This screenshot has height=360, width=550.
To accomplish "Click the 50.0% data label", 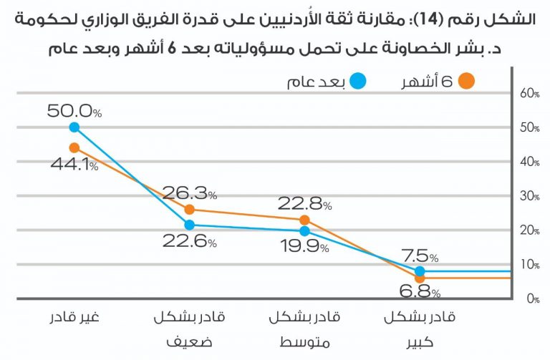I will [x=74, y=111].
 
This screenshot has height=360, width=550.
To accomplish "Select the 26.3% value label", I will [x=189, y=193].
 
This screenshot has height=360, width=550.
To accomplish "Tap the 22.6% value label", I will [x=189, y=241].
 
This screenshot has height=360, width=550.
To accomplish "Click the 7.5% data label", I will [x=420, y=256].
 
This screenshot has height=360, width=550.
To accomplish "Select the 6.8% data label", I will [x=420, y=293].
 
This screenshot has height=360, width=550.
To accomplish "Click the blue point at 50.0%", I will [x=74, y=127].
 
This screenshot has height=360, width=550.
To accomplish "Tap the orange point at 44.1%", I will [x=74, y=147].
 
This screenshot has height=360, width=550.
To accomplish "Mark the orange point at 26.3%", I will [x=189, y=210].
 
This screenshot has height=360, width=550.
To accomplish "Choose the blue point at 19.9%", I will [x=304, y=231].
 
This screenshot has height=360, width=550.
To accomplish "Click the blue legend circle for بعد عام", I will [x=359, y=81].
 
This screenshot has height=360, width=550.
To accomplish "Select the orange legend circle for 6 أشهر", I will [x=466, y=81].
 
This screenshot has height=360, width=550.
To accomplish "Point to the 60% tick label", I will [x=529, y=94].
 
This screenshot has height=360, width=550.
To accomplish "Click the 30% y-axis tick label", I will [x=529, y=196].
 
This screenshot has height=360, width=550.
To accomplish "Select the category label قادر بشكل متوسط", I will [x=304, y=328].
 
